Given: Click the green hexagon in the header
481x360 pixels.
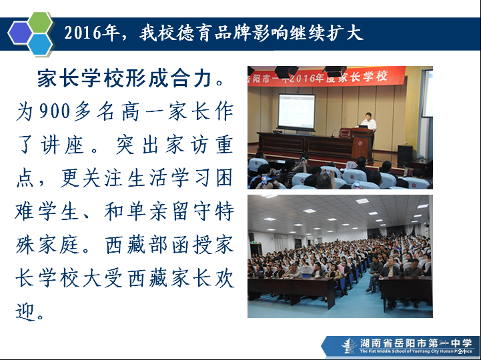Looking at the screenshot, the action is click(x=40, y=22).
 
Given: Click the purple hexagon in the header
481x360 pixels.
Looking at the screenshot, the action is click(x=20, y=33).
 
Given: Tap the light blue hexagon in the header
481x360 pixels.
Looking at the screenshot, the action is click(x=40, y=44).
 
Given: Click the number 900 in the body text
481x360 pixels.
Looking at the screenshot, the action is click(x=55, y=111).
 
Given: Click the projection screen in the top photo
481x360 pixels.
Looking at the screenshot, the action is click(x=296, y=111).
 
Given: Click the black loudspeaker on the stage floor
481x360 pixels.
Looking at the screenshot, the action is click(x=405, y=156).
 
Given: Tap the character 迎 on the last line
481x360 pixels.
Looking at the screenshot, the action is click(x=25, y=311).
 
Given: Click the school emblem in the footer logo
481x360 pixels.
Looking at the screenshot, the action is click(x=349, y=346).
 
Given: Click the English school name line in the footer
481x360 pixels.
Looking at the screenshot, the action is click(x=416, y=351).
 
